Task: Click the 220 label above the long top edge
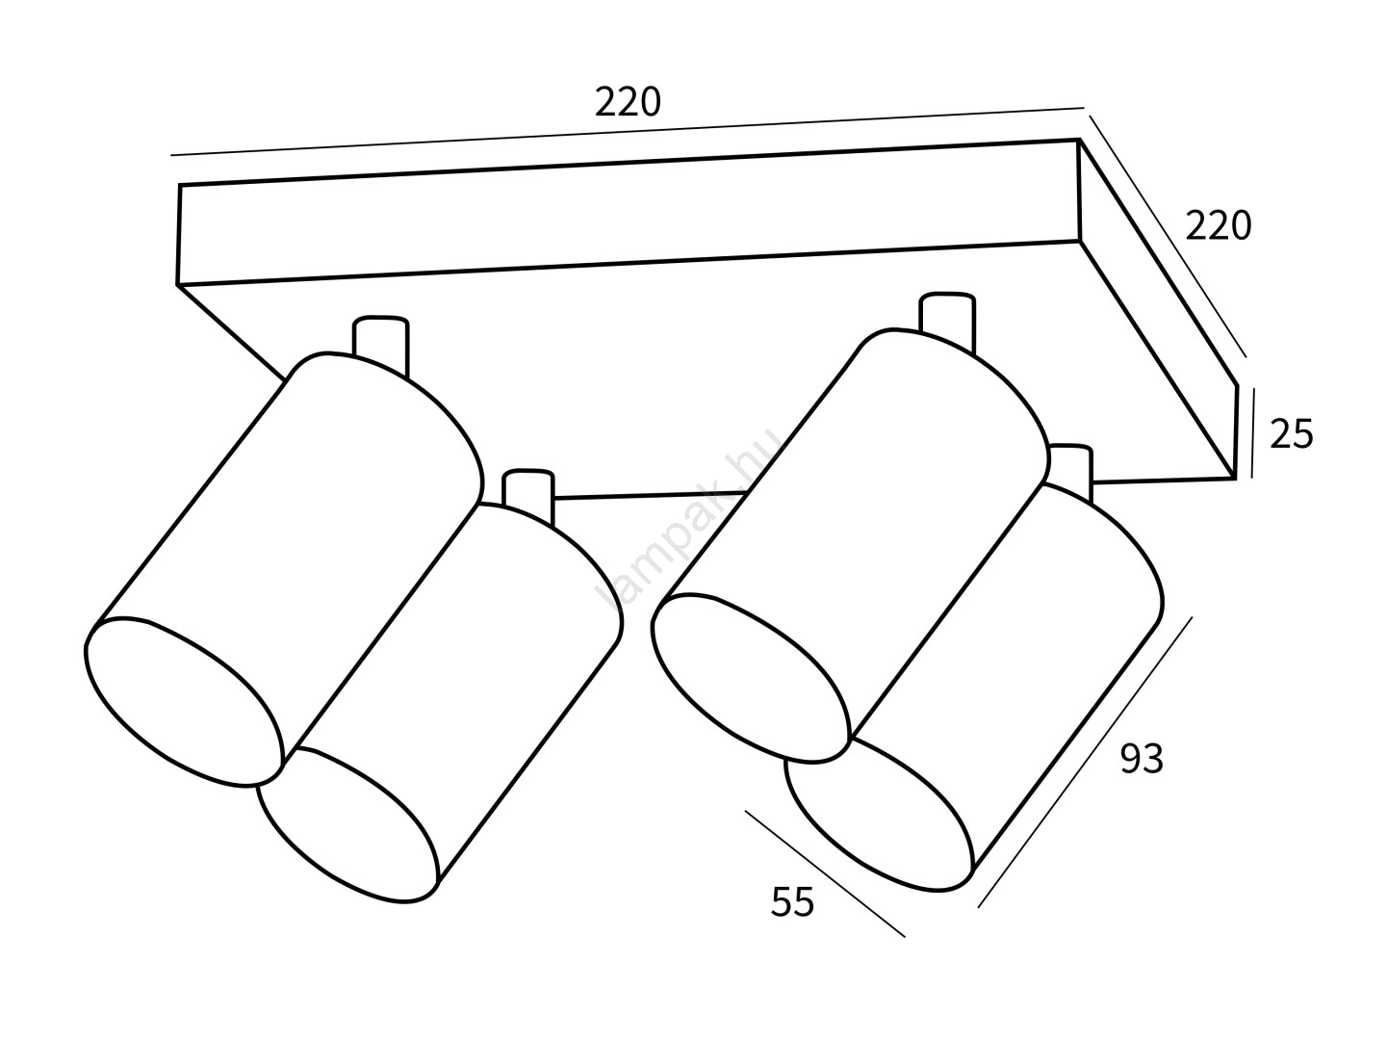pyautogui.click(x=628, y=102)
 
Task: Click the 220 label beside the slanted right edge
pyautogui.click(x=1218, y=226)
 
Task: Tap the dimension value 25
pyautogui.click(x=1291, y=434)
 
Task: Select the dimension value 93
pyautogui.click(x=1142, y=761)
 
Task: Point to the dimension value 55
pyautogui.click(x=792, y=902)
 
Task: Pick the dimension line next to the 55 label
pyautogui.click(x=824, y=872)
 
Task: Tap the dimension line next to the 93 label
pyautogui.click(x=1085, y=762)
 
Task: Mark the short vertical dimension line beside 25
pyautogui.click(x=1253, y=430)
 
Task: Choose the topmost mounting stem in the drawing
pyautogui.click(x=947, y=314)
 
